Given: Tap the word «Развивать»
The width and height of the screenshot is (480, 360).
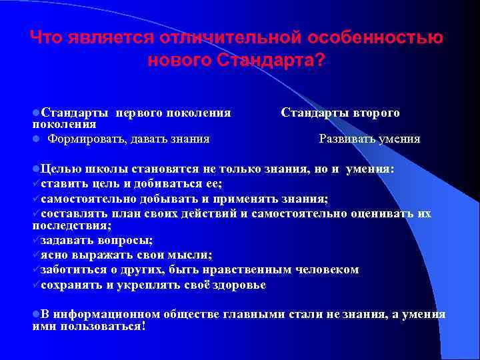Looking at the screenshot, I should tap(347, 139).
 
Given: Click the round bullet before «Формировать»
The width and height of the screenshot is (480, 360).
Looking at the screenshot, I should tap(35, 139).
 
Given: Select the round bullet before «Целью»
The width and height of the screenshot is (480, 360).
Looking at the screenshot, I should tap(35, 169).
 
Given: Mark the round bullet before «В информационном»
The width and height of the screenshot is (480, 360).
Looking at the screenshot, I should tap(35, 314).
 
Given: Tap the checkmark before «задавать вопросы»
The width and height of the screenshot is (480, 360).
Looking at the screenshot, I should tap(36, 241).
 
